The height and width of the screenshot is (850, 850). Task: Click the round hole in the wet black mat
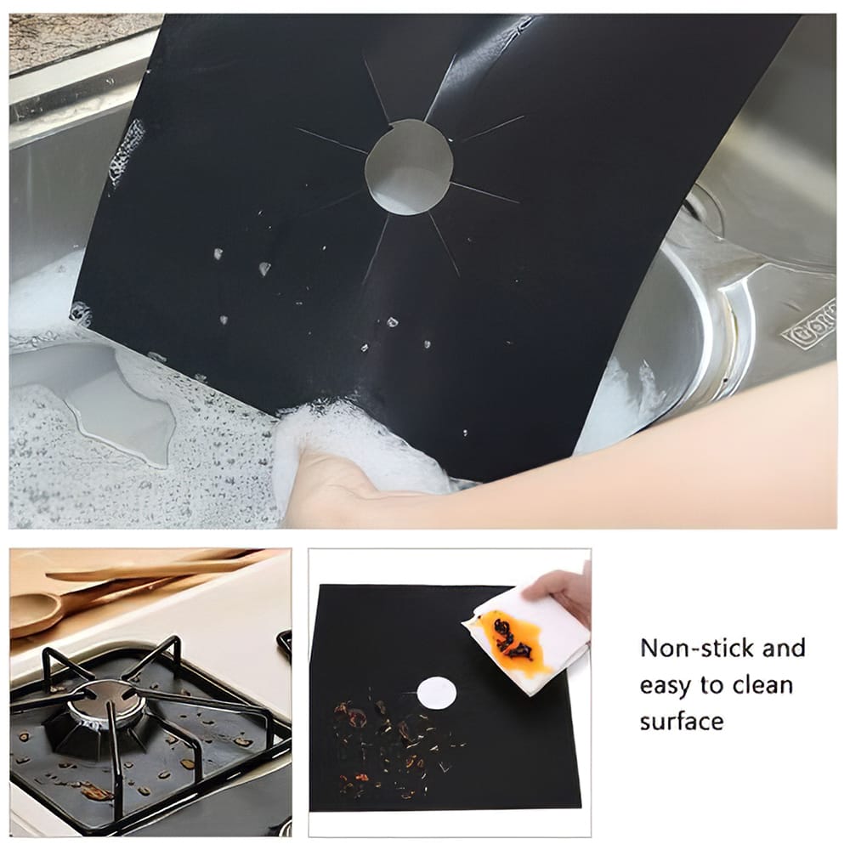[x=408, y=166]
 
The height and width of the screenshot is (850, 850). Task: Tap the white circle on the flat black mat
[x=437, y=691]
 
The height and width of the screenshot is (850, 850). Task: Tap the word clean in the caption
[x=761, y=685]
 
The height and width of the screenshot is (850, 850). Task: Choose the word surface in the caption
[x=682, y=722]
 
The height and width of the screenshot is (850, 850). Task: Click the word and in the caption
[x=783, y=649]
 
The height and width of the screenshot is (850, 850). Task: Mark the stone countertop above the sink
[x=68, y=38]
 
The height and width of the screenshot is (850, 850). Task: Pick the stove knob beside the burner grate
[x=285, y=646]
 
